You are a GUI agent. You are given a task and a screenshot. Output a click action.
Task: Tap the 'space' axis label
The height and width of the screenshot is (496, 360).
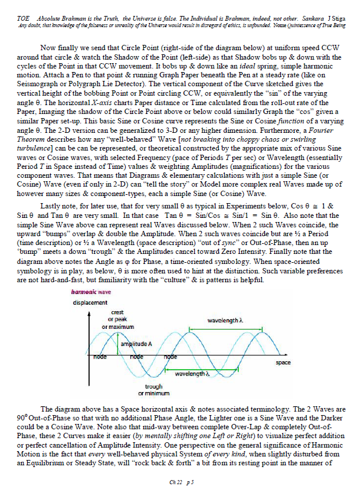click(x=283, y=363)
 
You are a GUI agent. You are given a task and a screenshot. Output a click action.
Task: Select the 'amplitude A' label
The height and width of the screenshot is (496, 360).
click(x=136, y=344)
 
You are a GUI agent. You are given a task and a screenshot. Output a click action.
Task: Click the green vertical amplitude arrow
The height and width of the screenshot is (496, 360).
click(x=118, y=345)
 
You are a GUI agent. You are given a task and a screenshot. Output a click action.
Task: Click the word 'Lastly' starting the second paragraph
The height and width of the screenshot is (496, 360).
click(x=51, y=205)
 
